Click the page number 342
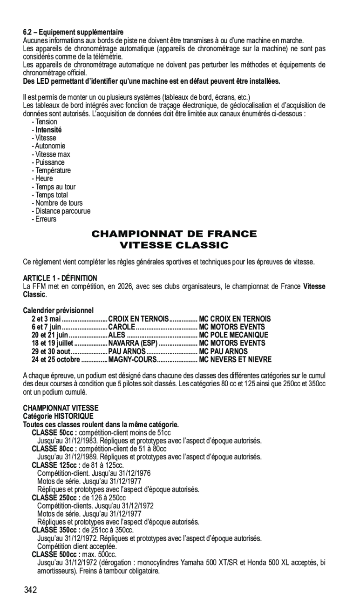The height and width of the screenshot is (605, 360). pyautogui.click(x=31, y=591)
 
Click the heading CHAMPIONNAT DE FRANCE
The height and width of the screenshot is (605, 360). pyautogui.click(x=174, y=234)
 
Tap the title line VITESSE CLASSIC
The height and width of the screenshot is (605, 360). pyautogui.click(x=174, y=245)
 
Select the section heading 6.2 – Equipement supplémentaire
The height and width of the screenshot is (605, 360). pyautogui.click(x=74, y=32)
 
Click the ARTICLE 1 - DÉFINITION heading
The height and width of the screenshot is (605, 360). pyautogui.click(x=60, y=278)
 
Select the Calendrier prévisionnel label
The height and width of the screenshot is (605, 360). pyautogui.click(x=58, y=310)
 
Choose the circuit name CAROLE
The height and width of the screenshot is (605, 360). pyautogui.click(x=121, y=327)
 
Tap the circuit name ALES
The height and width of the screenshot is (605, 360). pyautogui.click(x=116, y=335)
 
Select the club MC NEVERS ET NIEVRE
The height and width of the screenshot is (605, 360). pyautogui.click(x=235, y=359)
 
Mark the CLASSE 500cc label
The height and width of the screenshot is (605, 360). pyautogui.click(x=56, y=555)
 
